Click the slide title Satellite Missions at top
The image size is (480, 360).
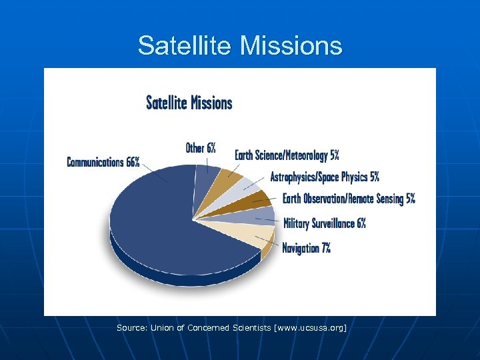tap(240, 45)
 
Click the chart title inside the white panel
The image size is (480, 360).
tap(189, 103)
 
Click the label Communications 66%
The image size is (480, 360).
tap(103, 162)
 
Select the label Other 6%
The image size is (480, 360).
tap(200, 148)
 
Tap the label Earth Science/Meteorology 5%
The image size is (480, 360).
tap(287, 155)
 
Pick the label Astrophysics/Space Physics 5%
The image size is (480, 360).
tap(325, 177)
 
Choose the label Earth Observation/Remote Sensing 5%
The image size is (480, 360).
tap(349, 199)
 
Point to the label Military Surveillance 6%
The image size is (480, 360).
tap(325, 223)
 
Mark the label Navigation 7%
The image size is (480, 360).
tap(306, 248)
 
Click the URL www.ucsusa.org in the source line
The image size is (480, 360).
tap(313, 328)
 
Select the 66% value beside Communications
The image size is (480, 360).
tap(132, 162)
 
